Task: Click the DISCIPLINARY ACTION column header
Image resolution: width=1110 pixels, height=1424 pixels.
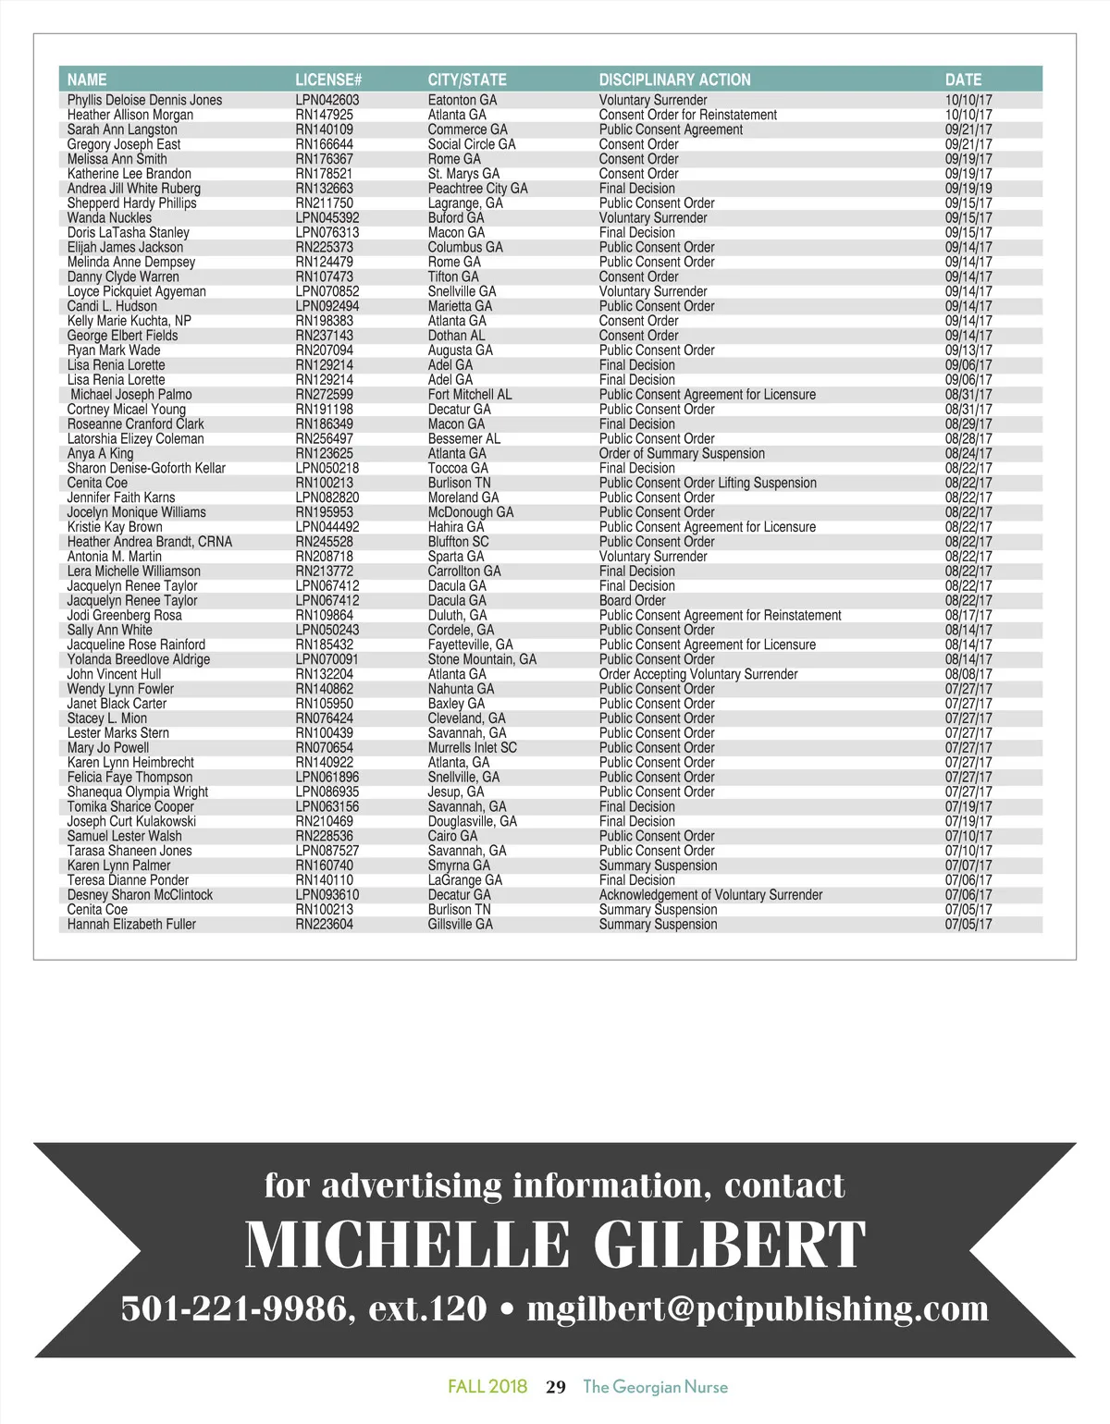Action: click(x=674, y=80)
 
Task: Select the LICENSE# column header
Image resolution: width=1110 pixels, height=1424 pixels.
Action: click(x=328, y=80)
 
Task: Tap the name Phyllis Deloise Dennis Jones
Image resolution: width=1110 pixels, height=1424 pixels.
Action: click(x=144, y=100)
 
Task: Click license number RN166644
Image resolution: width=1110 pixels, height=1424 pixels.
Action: click(x=324, y=144)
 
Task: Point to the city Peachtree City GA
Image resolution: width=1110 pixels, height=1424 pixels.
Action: click(x=477, y=189)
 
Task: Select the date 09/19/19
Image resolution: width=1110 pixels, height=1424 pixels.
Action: click(x=968, y=189)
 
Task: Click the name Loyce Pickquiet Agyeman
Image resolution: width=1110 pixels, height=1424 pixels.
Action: click(x=136, y=291)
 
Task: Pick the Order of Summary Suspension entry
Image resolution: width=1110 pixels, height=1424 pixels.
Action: click(x=682, y=454)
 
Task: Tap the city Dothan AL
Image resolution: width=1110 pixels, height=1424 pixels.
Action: click(x=456, y=336)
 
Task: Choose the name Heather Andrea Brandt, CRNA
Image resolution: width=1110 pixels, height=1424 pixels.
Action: click(x=149, y=542)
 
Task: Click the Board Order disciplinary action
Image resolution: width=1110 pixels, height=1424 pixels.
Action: click(x=632, y=601)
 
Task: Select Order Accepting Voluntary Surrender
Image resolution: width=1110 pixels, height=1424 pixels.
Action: click(x=697, y=674)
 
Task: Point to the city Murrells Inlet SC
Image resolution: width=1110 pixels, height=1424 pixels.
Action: click(x=472, y=748)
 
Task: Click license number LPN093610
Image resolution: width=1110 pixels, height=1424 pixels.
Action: click(x=327, y=895)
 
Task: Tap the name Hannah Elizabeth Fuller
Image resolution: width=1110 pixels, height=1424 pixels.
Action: click(x=131, y=925)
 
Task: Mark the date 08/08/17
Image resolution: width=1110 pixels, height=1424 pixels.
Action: click(x=968, y=674)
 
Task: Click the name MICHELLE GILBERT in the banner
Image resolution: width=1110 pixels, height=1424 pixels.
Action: click(x=555, y=1245)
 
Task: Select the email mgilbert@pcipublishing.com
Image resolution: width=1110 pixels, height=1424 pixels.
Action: click(x=758, y=1308)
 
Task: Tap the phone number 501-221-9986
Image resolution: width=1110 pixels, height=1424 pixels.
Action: click(x=235, y=1308)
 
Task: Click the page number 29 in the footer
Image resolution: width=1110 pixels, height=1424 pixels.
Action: click(x=556, y=1387)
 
